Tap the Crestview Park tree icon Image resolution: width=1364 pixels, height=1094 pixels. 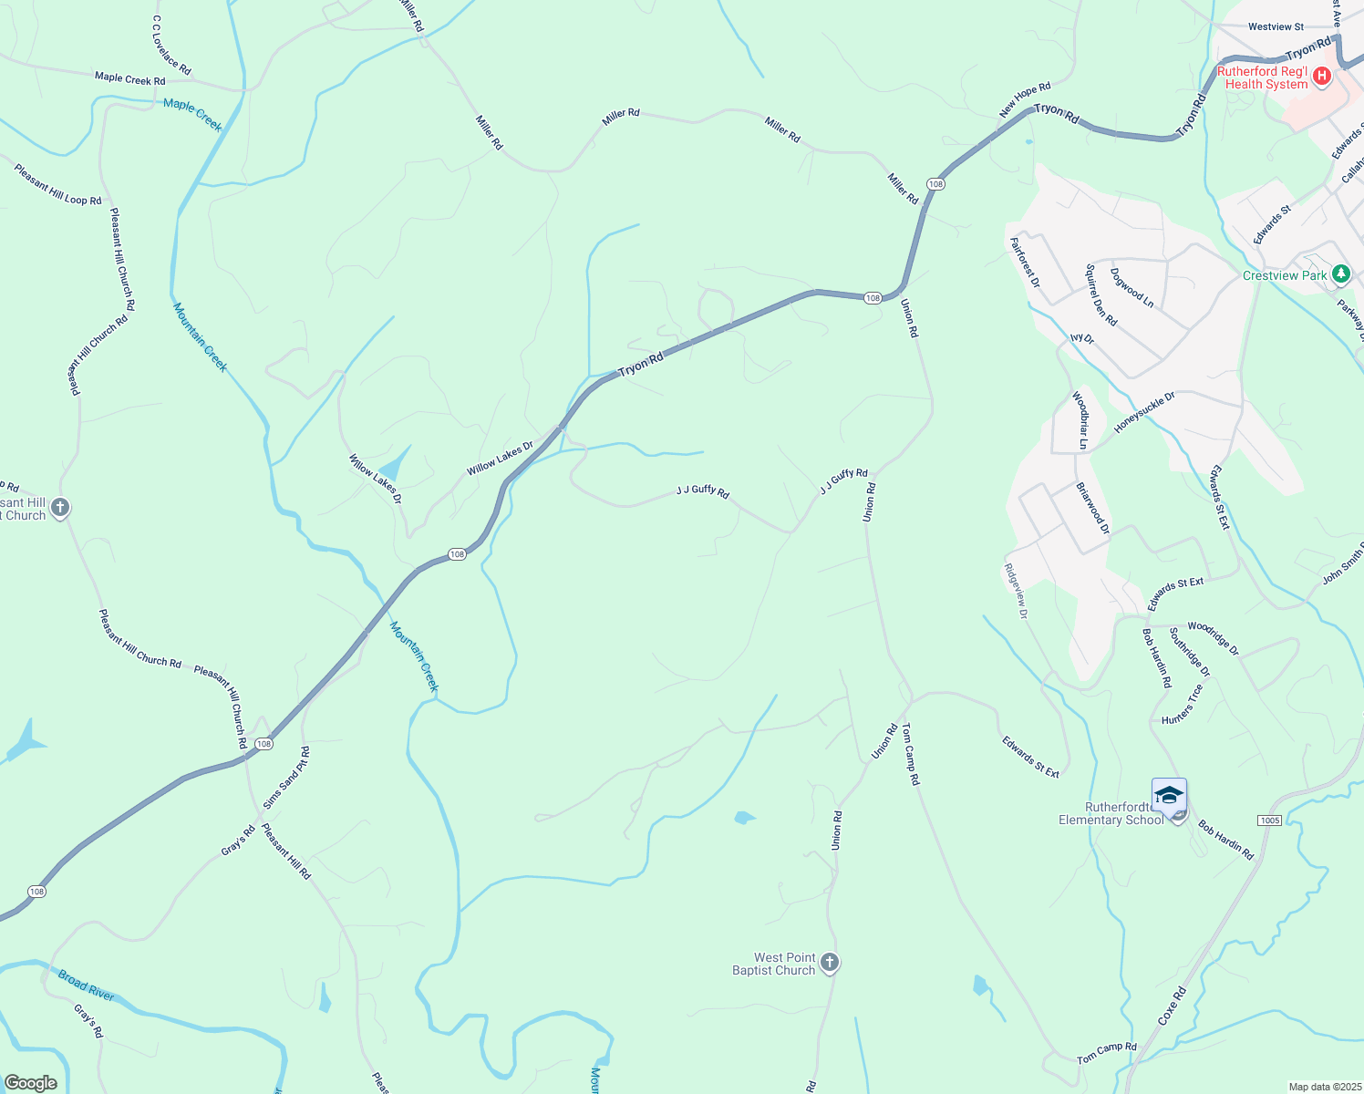click(1340, 273)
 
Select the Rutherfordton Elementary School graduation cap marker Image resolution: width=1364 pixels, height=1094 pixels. click(1169, 796)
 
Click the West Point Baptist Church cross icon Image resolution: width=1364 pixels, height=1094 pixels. click(829, 962)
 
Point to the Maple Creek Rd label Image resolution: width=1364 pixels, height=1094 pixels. click(129, 78)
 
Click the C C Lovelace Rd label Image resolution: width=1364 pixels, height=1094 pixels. click(171, 45)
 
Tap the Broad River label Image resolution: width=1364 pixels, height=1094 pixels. click(86, 985)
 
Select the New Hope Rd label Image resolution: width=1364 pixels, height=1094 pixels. click(1025, 99)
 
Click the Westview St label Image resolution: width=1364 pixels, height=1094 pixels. click(1276, 27)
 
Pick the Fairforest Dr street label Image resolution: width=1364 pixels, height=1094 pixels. click(1024, 263)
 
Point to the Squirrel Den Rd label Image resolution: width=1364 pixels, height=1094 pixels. click(1100, 294)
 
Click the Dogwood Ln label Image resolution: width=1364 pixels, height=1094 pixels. click(1131, 287)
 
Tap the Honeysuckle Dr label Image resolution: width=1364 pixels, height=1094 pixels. click(1144, 412)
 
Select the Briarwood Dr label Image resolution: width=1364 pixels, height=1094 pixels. click(1092, 509)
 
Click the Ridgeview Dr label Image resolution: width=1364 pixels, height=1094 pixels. click(1016, 591)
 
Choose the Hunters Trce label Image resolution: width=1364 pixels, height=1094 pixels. click(1183, 704)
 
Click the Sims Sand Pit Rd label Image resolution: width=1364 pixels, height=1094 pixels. click(286, 778)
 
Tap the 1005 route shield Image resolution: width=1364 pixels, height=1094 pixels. click(1269, 820)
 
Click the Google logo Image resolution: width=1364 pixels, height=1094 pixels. click(31, 1083)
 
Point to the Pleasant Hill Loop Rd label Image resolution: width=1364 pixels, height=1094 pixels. click(57, 184)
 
